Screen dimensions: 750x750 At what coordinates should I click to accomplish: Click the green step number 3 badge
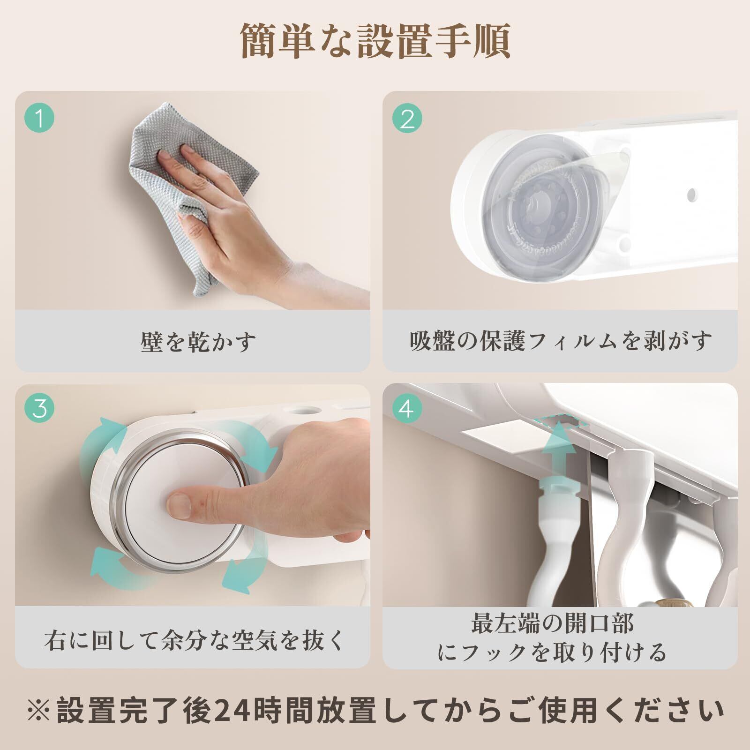[x=40, y=408]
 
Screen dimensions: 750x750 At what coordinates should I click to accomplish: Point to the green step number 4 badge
[x=407, y=408]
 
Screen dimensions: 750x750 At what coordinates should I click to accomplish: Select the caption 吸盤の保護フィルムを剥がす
[x=561, y=341]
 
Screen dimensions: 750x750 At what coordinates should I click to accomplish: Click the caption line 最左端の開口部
[x=553, y=624]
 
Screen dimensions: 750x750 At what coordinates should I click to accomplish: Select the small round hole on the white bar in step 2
[x=690, y=194]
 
